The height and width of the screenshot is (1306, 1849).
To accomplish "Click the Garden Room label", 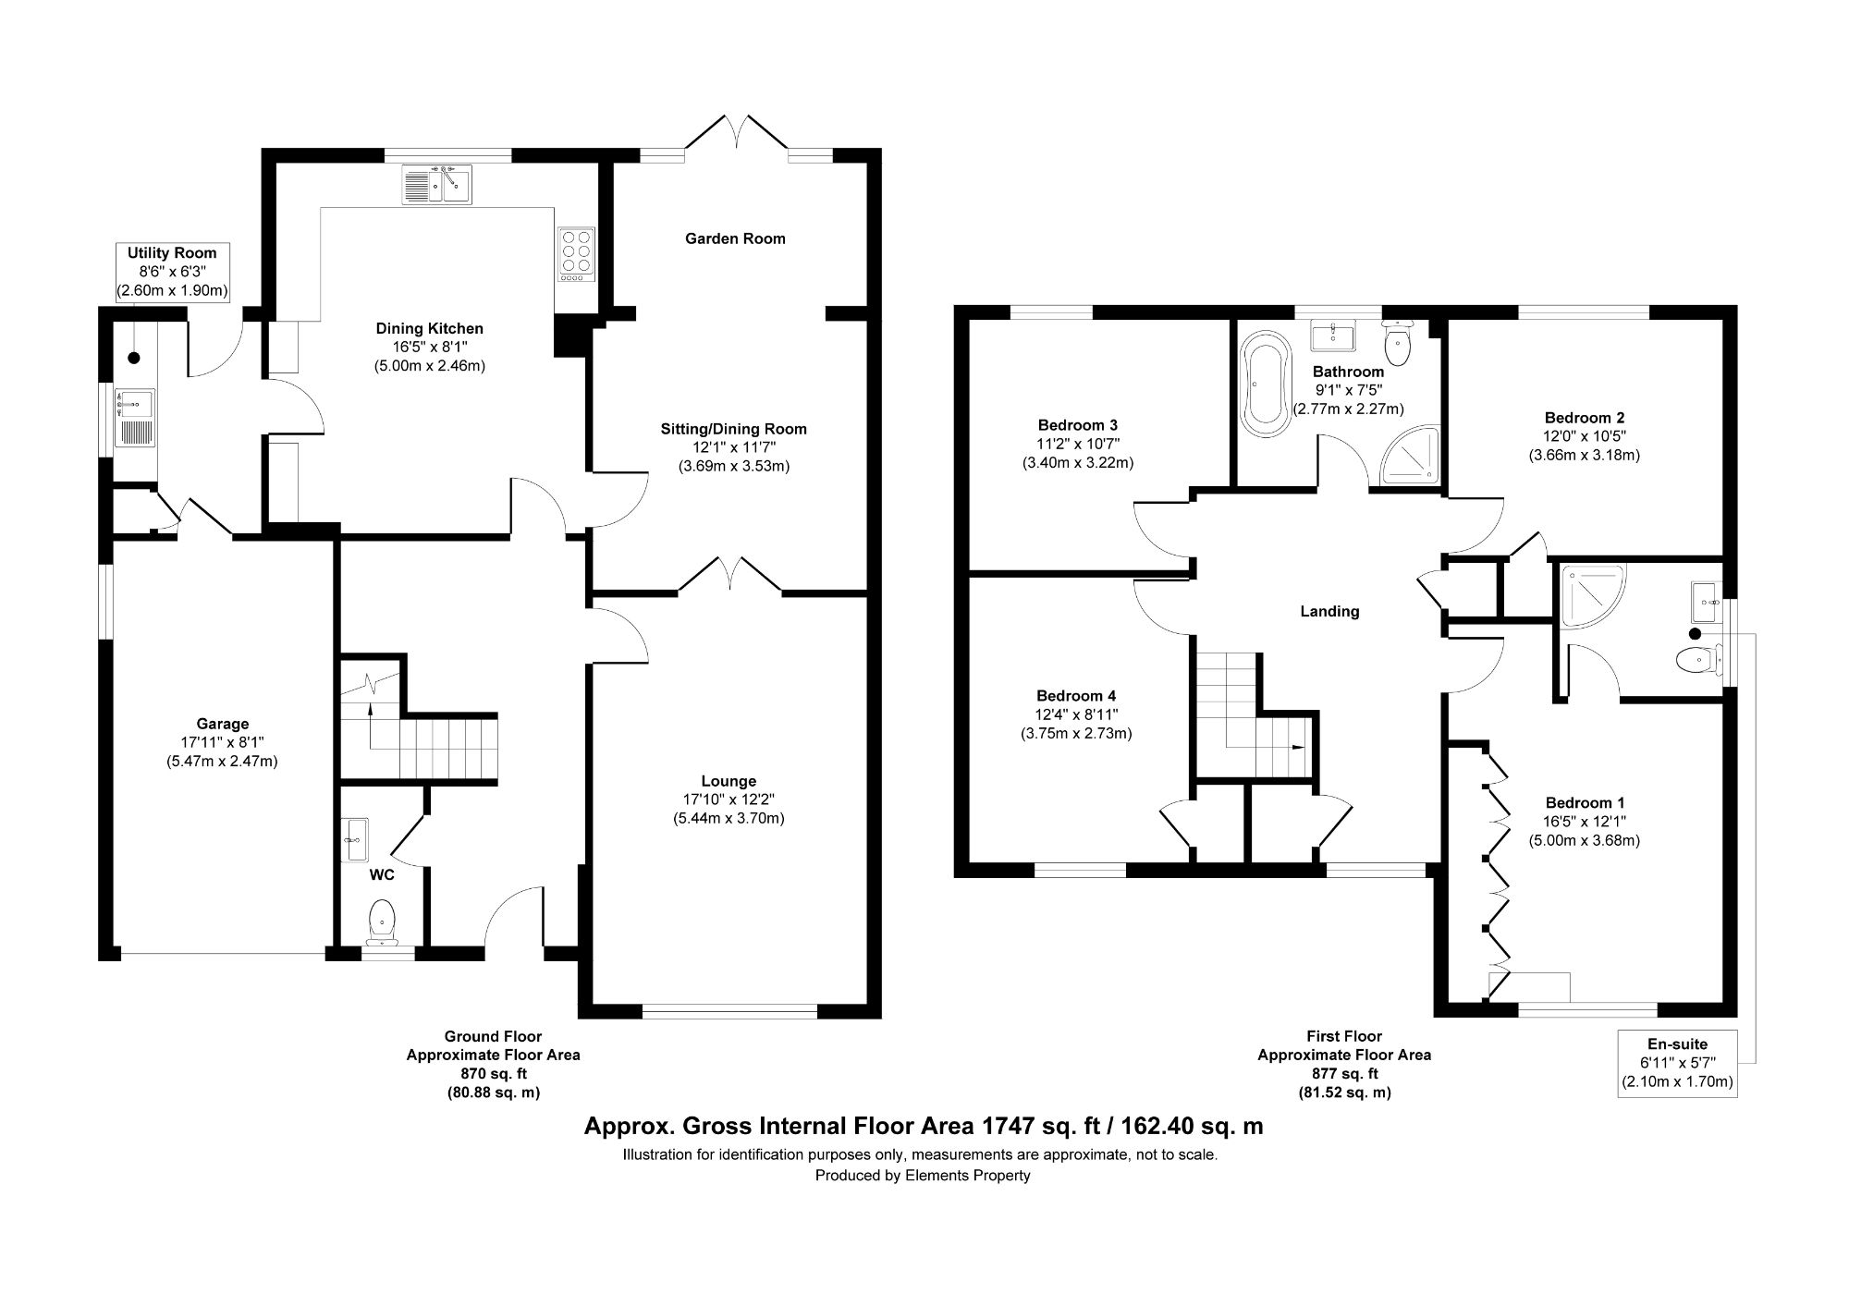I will pos(735,238).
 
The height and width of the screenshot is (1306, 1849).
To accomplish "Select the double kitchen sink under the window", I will pos(436,184).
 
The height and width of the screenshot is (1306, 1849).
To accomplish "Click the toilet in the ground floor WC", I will pos(382,921).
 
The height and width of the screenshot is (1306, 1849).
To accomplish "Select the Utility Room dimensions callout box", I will pos(172,272).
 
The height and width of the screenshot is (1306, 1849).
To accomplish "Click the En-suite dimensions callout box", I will pos(1677,1063).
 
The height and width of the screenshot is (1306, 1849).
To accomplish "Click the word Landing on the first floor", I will pos(1329,611).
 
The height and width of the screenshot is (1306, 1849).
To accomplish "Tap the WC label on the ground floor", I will pos(383,873).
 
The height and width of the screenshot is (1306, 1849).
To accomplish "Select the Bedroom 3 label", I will pos(1077,425).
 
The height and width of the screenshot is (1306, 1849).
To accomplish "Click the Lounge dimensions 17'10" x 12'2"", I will pos(729,799).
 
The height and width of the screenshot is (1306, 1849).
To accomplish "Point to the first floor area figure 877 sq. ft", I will pos(1343,1073).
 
